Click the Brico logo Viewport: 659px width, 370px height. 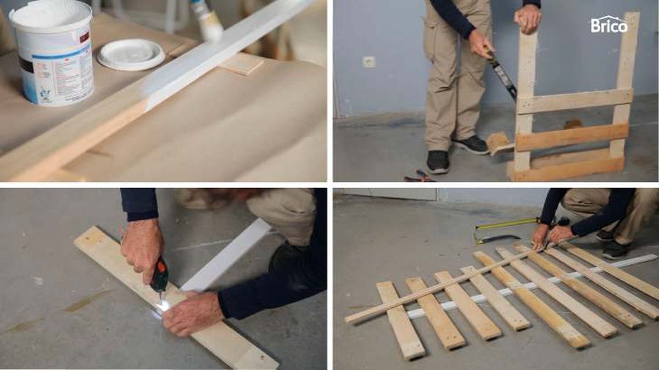point(609,25)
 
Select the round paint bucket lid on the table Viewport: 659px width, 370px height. point(131,54)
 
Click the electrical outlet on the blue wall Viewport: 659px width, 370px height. point(369,62)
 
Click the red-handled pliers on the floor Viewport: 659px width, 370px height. point(418,176)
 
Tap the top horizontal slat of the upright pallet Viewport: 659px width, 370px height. point(574,100)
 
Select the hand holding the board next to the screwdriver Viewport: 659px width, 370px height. point(192,313)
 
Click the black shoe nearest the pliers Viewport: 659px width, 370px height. point(438,161)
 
